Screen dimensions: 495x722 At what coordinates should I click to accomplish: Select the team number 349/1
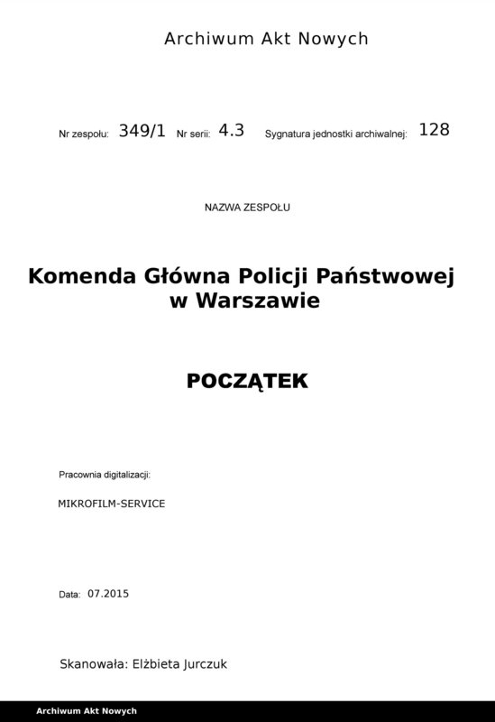click(142, 130)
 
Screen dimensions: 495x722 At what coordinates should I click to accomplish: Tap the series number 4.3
click(232, 130)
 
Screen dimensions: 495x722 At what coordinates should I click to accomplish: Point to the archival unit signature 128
click(434, 129)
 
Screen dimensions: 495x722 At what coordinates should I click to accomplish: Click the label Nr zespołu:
click(84, 134)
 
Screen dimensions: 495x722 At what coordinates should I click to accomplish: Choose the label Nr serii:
click(194, 134)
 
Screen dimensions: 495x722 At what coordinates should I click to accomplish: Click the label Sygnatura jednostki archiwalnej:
click(336, 134)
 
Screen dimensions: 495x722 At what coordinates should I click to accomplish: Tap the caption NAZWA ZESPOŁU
click(248, 207)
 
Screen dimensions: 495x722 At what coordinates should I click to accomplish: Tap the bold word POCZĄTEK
click(247, 382)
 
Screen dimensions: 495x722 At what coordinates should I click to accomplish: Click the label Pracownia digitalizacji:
click(104, 474)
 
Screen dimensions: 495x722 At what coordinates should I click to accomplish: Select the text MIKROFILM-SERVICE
click(111, 503)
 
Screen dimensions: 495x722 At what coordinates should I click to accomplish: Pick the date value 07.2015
click(109, 594)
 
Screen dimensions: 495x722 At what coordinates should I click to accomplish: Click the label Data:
click(69, 596)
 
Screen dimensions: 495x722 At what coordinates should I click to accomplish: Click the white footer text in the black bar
click(87, 711)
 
